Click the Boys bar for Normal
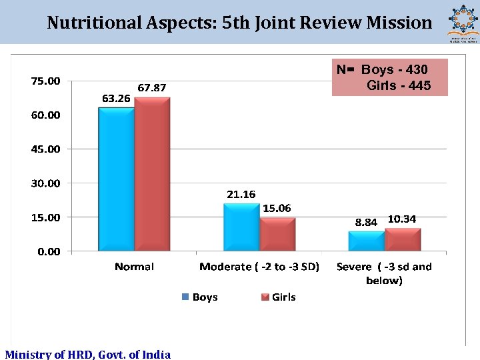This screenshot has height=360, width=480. tap(116, 179)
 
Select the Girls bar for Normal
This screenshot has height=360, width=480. tap(152, 174)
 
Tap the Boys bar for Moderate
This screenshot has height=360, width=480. tap(241, 227)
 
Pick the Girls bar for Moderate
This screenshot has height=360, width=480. tap(277, 234)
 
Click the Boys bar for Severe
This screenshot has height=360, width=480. tap(366, 241)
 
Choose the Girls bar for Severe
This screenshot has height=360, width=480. tap(403, 239)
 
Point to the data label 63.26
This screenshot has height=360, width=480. tap(116, 98)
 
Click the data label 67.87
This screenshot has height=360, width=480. tap(152, 87)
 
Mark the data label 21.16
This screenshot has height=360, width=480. tap(241, 195)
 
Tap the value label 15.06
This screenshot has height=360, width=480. tap(277, 209)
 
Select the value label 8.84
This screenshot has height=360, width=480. tap(366, 223)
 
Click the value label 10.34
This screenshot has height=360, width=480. tap(402, 219)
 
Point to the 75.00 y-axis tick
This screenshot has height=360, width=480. tap(45, 81)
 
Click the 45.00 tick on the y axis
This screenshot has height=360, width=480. tap(45, 149)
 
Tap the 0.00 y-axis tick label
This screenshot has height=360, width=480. tap(48, 251)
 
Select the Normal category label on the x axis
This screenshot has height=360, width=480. tap(134, 267)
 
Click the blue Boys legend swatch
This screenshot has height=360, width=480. tap(186, 297)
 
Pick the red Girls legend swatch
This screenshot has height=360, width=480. tap(265, 297)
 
